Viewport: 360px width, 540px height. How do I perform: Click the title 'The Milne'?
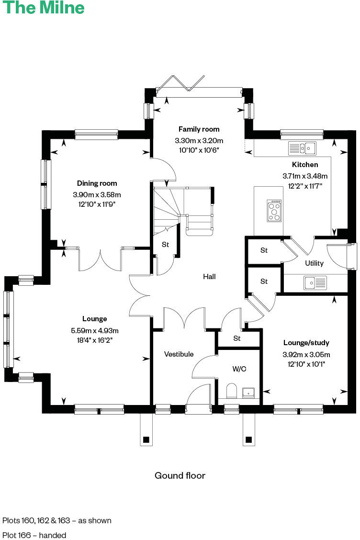tap(44, 8)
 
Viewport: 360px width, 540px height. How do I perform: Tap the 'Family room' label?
tap(199, 129)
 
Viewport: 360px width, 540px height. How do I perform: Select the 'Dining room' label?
tap(97, 183)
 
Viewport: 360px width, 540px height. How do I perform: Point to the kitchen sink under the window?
tap(302, 148)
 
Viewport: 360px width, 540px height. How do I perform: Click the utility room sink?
tap(315, 282)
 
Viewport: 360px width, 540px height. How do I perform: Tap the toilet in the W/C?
tap(231, 391)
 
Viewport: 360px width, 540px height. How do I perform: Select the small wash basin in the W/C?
tap(248, 393)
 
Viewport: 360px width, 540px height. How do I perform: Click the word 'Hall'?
tap(209, 277)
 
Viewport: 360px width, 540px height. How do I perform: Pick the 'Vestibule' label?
tap(179, 354)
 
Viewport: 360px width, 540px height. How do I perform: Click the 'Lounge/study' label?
tap(306, 343)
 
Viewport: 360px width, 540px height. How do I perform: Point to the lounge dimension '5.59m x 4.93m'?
tap(94, 330)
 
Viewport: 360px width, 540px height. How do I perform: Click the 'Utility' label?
tap(314, 263)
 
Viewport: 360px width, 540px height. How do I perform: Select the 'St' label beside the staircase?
tap(165, 245)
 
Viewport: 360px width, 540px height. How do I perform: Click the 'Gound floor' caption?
tap(180, 475)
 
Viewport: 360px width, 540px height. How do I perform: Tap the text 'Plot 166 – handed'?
tap(34, 535)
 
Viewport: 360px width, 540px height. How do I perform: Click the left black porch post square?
tap(146, 439)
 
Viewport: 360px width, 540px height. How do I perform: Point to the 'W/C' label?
tap(239, 369)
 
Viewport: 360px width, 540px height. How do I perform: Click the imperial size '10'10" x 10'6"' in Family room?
tap(199, 150)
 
